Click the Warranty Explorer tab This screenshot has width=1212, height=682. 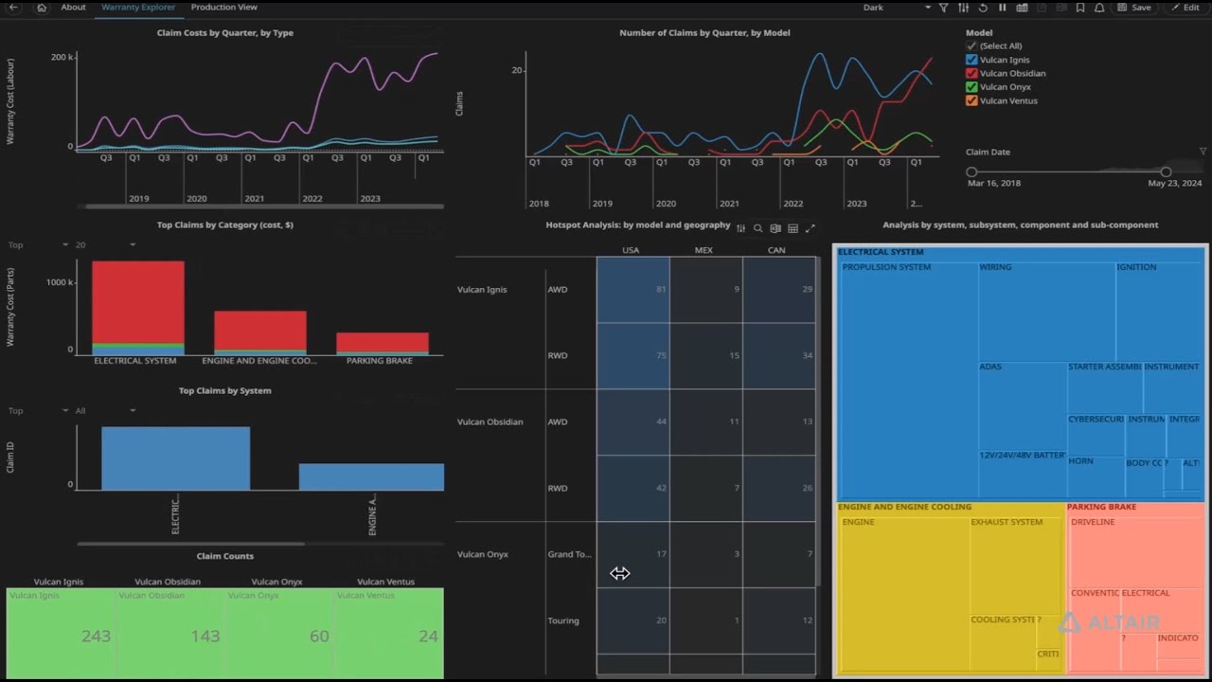tap(138, 8)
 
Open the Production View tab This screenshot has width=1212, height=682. tap(223, 8)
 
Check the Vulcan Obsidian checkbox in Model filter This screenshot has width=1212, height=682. tap(971, 73)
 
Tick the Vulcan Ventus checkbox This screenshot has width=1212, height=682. tap(971, 100)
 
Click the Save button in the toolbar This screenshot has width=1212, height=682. tap(1134, 8)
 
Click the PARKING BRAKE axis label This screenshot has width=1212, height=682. tap(379, 361)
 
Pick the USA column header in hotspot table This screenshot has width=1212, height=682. tap(631, 250)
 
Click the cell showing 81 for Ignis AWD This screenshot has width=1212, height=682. tap(660, 289)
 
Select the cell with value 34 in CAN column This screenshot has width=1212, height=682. tap(806, 355)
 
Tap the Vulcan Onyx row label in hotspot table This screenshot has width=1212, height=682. tap(483, 554)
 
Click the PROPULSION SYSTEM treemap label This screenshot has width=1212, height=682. tap(886, 267)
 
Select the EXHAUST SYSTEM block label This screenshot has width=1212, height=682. tap(1007, 522)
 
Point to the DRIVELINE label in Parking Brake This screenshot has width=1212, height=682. tap(1093, 522)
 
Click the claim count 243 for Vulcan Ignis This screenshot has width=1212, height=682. tap(96, 637)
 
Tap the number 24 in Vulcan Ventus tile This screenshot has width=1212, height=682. tap(428, 637)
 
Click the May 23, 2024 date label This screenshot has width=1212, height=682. tap(1174, 183)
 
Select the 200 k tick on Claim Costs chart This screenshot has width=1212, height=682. tap(62, 58)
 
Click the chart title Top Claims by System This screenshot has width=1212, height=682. tap(224, 390)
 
